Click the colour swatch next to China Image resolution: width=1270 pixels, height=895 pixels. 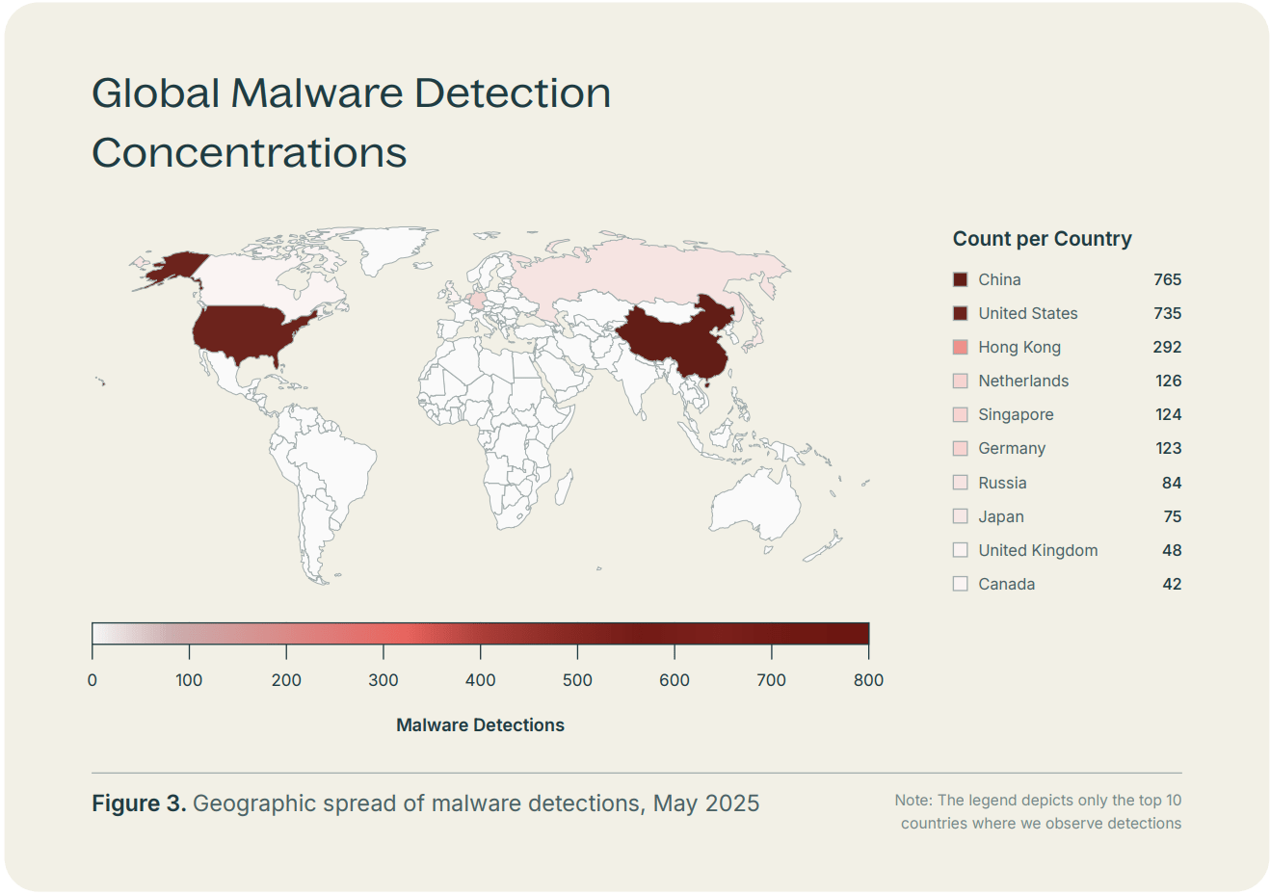point(960,279)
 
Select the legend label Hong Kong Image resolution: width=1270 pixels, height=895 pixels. point(1019,347)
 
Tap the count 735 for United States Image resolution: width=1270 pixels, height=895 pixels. point(1167,313)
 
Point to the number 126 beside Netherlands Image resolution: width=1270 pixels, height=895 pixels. point(1168,381)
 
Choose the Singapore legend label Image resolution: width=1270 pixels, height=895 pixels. point(1016,414)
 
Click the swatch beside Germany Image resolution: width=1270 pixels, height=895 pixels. point(960,448)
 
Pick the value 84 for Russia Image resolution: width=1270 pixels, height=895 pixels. point(1171,483)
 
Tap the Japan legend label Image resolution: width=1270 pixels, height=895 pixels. point(1000,516)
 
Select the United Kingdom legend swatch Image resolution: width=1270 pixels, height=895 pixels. point(960,550)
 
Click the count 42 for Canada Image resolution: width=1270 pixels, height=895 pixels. point(1171,584)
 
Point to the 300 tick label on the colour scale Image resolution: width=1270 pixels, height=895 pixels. point(384,680)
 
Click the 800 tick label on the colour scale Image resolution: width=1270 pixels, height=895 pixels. point(868,680)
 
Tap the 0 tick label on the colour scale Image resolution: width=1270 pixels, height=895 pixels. point(93,680)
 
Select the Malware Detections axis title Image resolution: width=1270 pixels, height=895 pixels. point(480,725)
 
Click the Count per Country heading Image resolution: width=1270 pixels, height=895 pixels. point(1042,239)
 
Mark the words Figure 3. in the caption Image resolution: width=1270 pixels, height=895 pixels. point(139,803)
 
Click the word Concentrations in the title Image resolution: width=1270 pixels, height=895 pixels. point(249,152)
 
